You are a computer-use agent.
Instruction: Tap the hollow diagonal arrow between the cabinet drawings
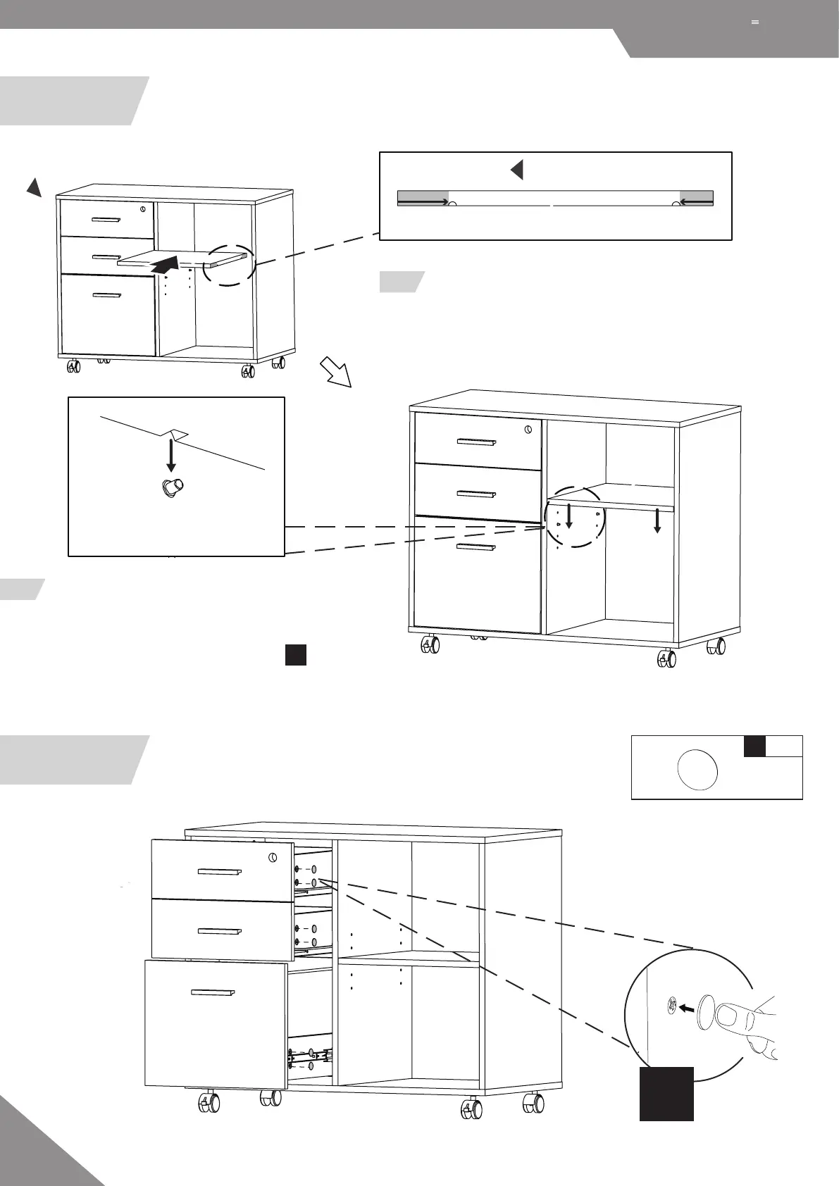(x=335, y=371)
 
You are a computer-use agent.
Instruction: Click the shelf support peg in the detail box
(x=171, y=487)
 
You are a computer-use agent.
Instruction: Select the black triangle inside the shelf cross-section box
(x=517, y=170)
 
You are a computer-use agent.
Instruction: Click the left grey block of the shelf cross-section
(x=423, y=197)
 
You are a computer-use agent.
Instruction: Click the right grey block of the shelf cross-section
(x=696, y=197)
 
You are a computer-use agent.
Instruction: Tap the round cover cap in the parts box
(x=697, y=770)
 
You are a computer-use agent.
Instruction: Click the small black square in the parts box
(x=755, y=746)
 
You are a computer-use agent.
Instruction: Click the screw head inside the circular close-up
(x=671, y=1005)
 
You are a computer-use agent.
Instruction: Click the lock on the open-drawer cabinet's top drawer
(x=273, y=858)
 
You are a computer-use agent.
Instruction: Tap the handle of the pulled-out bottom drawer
(x=213, y=993)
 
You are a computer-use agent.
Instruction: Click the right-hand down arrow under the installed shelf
(x=657, y=520)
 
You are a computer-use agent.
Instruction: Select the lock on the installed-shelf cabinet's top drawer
(x=528, y=429)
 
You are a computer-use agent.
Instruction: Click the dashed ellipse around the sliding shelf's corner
(x=230, y=265)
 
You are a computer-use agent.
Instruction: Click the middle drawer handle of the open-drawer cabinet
(x=220, y=930)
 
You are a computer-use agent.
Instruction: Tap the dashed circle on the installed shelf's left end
(x=575, y=516)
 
